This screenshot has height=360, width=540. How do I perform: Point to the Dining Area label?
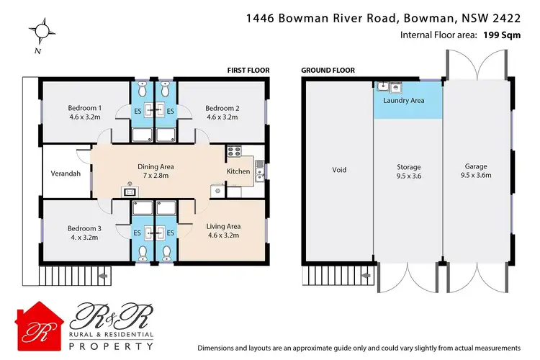click(x=156, y=166)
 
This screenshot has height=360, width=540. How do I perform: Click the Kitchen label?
click(x=238, y=171)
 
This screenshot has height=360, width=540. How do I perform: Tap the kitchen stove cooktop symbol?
click(x=233, y=151)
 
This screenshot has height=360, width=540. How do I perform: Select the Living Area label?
click(x=222, y=225)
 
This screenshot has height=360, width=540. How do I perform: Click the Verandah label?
click(x=66, y=174)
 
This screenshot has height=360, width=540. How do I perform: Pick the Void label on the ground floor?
click(x=339, y=170)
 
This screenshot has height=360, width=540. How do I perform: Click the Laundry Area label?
click(x=403, y=100)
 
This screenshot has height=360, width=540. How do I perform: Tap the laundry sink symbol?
click(x=384, y=87)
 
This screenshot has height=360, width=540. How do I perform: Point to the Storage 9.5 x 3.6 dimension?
click(x=408, y=175)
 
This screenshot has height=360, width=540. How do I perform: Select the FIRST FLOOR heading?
click(x=248, y=70)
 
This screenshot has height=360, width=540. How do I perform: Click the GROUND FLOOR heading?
click(x=327, y=70)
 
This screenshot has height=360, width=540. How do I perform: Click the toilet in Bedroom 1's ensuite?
click(x=140, y=90)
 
